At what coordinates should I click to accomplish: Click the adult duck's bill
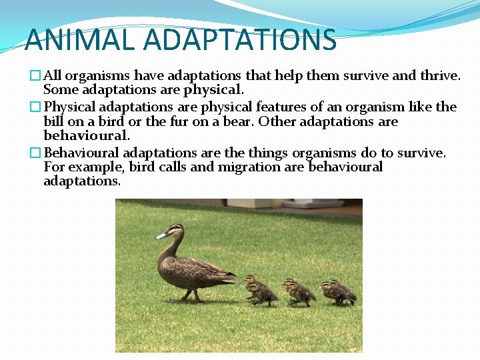pyautogui.click(x=161, y=235)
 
